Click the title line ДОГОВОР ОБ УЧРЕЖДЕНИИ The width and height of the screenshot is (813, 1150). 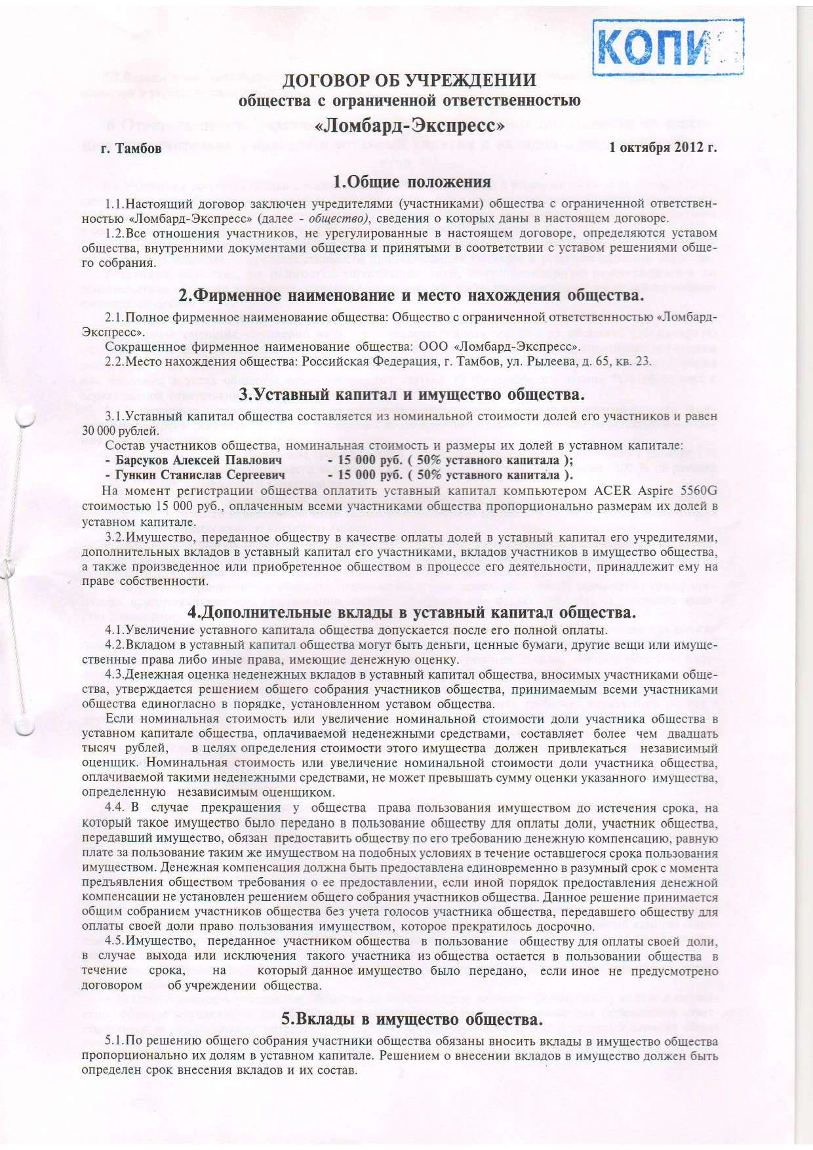point(409,81)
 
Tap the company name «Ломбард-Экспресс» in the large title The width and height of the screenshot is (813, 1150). point(409,123)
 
